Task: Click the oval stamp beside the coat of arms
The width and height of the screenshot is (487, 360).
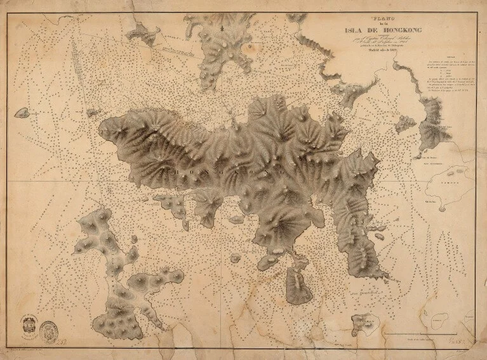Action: point(47,329)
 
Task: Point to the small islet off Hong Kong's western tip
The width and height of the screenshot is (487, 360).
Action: point(93,113)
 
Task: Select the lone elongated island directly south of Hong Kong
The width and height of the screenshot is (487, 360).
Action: point(297,286)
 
